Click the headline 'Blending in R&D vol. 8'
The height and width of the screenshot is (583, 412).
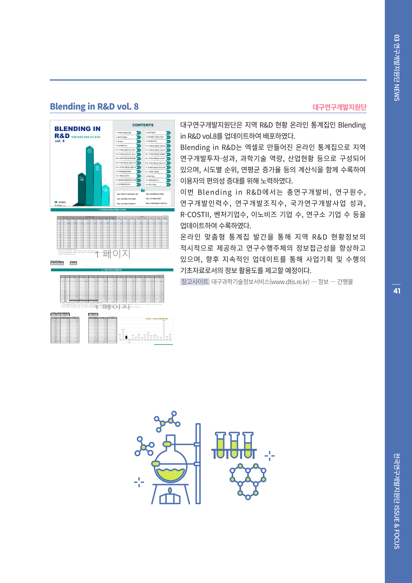(94, 107)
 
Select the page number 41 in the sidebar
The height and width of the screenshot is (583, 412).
(396, 291)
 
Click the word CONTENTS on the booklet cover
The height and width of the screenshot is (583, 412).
(143, 125)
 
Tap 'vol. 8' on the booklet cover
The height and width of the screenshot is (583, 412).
(60, 141)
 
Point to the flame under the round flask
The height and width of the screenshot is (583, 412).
(170, 491)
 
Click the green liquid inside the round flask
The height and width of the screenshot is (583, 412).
(170, 474)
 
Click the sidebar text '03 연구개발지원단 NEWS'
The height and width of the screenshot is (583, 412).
(396, 68)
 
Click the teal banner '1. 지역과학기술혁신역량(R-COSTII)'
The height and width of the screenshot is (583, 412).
(112, 210)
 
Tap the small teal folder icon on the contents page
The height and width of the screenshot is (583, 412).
(143, 190)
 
